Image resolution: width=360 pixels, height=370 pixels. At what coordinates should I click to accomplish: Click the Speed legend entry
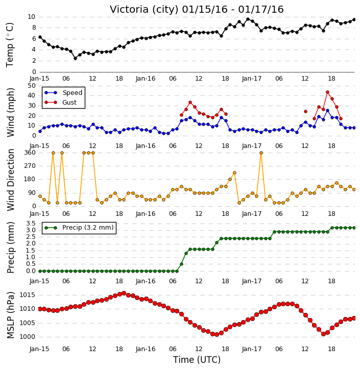63,93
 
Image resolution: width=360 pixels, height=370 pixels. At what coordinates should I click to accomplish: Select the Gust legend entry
61,103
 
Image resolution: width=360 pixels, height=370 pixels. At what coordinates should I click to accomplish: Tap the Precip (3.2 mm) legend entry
79,228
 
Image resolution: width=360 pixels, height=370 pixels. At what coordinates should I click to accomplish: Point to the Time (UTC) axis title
197,360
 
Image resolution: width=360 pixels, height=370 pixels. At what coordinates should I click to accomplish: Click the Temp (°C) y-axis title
10,45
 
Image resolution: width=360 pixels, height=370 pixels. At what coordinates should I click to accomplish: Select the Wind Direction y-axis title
10,180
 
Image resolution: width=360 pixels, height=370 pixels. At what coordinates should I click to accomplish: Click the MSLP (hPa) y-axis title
10,315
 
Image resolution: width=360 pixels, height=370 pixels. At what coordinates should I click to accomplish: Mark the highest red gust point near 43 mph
327,92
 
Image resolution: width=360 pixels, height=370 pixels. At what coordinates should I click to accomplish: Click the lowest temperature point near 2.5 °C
75,58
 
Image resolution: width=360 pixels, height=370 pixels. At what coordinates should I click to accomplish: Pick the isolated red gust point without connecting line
305,111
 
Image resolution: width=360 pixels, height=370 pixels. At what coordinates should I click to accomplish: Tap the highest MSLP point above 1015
124,293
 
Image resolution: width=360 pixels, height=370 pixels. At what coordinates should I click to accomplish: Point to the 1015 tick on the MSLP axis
28,295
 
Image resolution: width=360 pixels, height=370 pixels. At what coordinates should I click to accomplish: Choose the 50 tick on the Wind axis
32,86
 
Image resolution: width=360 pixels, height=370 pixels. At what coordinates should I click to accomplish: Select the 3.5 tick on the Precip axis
31,224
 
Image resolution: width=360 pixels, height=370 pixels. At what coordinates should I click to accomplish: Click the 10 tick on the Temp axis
32,17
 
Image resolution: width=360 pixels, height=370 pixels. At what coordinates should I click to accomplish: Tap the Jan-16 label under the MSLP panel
146,349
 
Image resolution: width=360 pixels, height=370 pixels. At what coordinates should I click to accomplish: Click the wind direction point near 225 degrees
234,172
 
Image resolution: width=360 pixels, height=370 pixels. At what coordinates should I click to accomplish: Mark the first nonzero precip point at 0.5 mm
181,264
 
